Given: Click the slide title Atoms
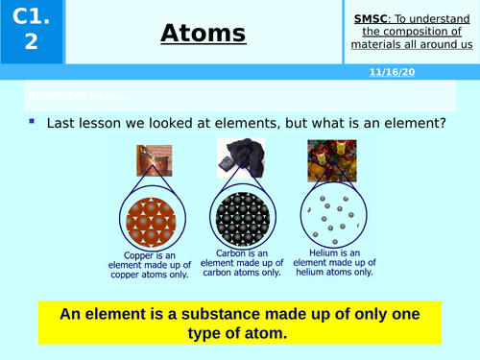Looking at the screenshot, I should pyautogui.click(x=204, y=34).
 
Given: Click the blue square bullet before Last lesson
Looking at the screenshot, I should pyautogui.click(x=32, y=122).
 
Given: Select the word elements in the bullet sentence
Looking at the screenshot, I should pyautogui.click(x=228, y=125).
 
